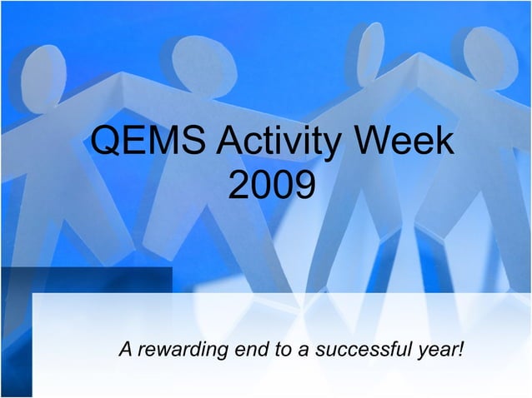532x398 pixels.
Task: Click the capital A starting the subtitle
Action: click(x=126, y=348)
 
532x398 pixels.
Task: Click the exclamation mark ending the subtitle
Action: click(x=461, y=348)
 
